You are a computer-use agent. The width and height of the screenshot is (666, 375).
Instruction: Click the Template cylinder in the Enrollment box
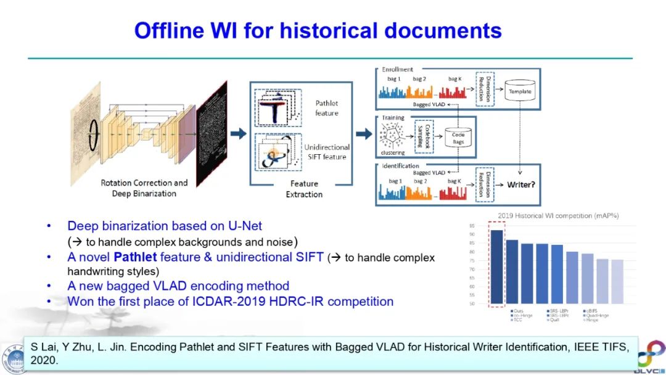pyautogui.click(x=519, y=91)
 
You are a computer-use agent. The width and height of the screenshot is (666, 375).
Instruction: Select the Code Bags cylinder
pyautogui.click(x=458, y=137)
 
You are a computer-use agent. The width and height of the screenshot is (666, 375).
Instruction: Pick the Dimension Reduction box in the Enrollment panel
pyautogui.click(x=485, y=88)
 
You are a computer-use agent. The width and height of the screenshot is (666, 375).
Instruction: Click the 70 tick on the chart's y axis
pyautogui.click(x=471, y=269)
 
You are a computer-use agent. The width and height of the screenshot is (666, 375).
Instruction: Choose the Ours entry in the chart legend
pyautogui.click(x=519, y=311)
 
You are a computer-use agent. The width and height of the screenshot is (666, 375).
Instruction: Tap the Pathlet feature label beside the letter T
pyautogui.click(x=326, y=108)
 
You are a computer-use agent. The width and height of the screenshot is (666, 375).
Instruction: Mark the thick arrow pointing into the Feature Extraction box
pyautogui.click(x=238, y=133)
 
